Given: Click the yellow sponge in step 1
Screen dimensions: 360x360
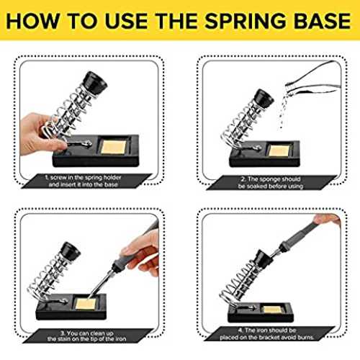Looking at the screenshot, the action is tap(113, 147).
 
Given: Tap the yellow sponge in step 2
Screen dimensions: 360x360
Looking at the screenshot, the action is tap(279, 150).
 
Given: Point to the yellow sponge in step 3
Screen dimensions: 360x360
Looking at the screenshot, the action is tap(86, 304).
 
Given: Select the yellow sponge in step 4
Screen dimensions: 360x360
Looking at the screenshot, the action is tap(271, 310).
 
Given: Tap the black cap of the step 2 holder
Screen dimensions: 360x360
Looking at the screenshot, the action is tap(264, 98).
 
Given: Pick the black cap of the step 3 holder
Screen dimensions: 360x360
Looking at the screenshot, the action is tap(69, 251).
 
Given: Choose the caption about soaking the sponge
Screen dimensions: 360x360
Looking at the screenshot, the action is tap(271, 183).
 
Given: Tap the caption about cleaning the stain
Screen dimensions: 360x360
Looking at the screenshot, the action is tap(86, 336).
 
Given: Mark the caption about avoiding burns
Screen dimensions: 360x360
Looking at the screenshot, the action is tap(267, 333).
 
